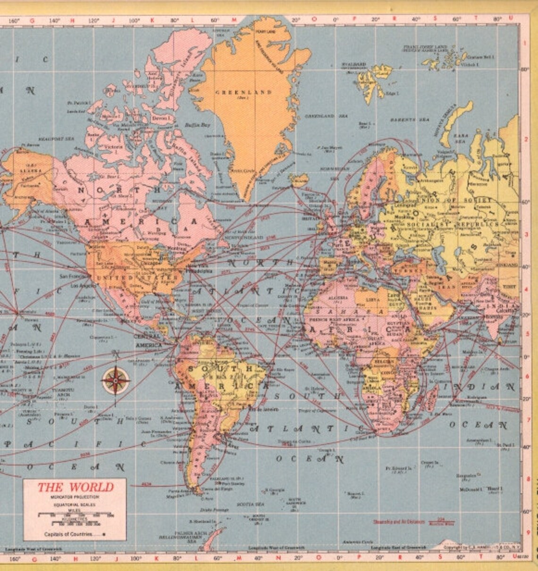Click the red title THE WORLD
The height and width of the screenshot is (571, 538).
(x=76, y=487)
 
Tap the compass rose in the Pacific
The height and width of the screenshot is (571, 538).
(x=116, y=381)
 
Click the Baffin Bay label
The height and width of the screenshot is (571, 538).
(x=197, y=125)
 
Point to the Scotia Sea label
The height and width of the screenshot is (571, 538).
(x=248, y=504)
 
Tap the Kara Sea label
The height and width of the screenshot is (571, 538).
(x=460, y=138)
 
